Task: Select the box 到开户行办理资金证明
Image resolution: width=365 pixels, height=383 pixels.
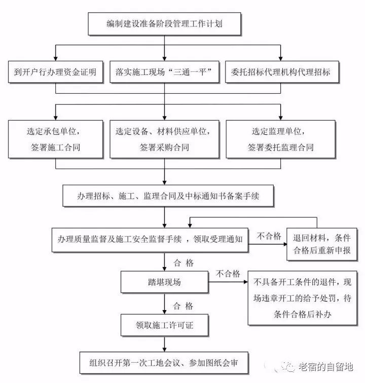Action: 56,72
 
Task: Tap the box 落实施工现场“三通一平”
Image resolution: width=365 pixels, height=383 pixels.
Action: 164,72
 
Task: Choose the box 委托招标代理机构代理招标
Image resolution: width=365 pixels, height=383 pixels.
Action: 280,72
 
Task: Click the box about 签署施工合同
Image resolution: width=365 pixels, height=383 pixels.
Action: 56,139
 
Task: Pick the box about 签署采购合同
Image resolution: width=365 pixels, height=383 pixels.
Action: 164,139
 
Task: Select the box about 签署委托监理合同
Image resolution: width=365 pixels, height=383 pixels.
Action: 280,139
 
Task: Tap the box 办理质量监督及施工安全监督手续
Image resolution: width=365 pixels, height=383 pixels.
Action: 150,239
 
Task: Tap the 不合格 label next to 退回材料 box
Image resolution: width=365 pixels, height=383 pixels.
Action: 269,236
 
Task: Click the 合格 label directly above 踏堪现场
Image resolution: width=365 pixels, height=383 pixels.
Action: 183,262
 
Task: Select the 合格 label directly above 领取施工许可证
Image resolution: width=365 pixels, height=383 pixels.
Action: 183,306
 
